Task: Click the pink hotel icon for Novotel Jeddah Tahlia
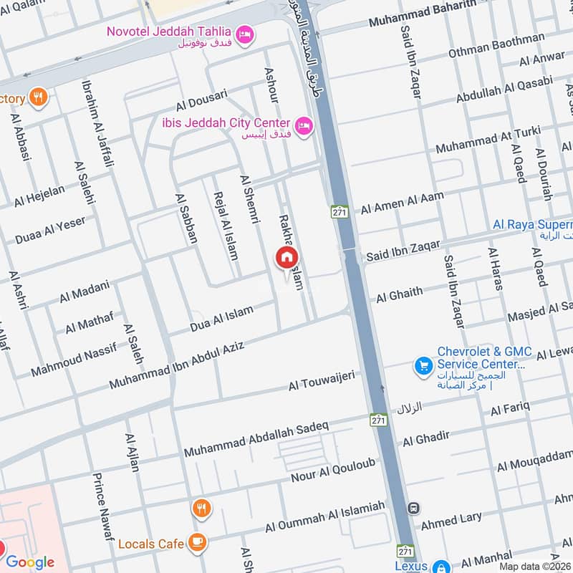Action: coord(245,34)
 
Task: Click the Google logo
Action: coord(30,562)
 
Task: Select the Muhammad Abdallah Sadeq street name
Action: coord(256,439)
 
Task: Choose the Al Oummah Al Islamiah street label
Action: coord(325,516)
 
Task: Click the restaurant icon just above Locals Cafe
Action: coord(202,509)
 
